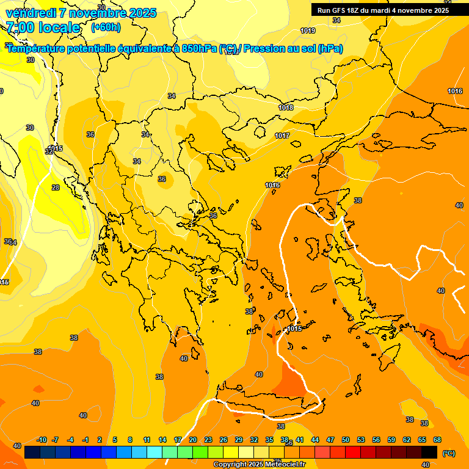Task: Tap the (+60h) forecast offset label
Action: click(x=106, y=27)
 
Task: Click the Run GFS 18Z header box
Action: click(x=383, y=10)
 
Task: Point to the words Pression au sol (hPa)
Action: click(x=293, y=49)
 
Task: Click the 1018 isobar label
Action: click(x=286, y=107)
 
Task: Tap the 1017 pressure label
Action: click(x=282, y=136)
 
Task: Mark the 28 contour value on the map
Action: click(x=56, y=187)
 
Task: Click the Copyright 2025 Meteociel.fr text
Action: click(x=259, y=465)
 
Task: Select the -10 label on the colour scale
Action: click(x=42, y=440)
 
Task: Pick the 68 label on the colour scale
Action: click(x=437, y=440)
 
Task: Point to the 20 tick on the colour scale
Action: click(x=193, y=440)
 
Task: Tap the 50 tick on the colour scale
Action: click(x=346, y=440)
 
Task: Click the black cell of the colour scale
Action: click(x=429, y=452)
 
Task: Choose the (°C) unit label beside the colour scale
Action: click(x=448, y=453)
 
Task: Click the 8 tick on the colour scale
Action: click(x=130, y=440)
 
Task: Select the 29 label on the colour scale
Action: click(x=238, y=440)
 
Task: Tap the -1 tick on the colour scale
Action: click(x=85, y=440)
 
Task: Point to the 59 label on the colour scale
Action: click(x=391, y=440)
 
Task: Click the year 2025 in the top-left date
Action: click(x=142, y=13)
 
